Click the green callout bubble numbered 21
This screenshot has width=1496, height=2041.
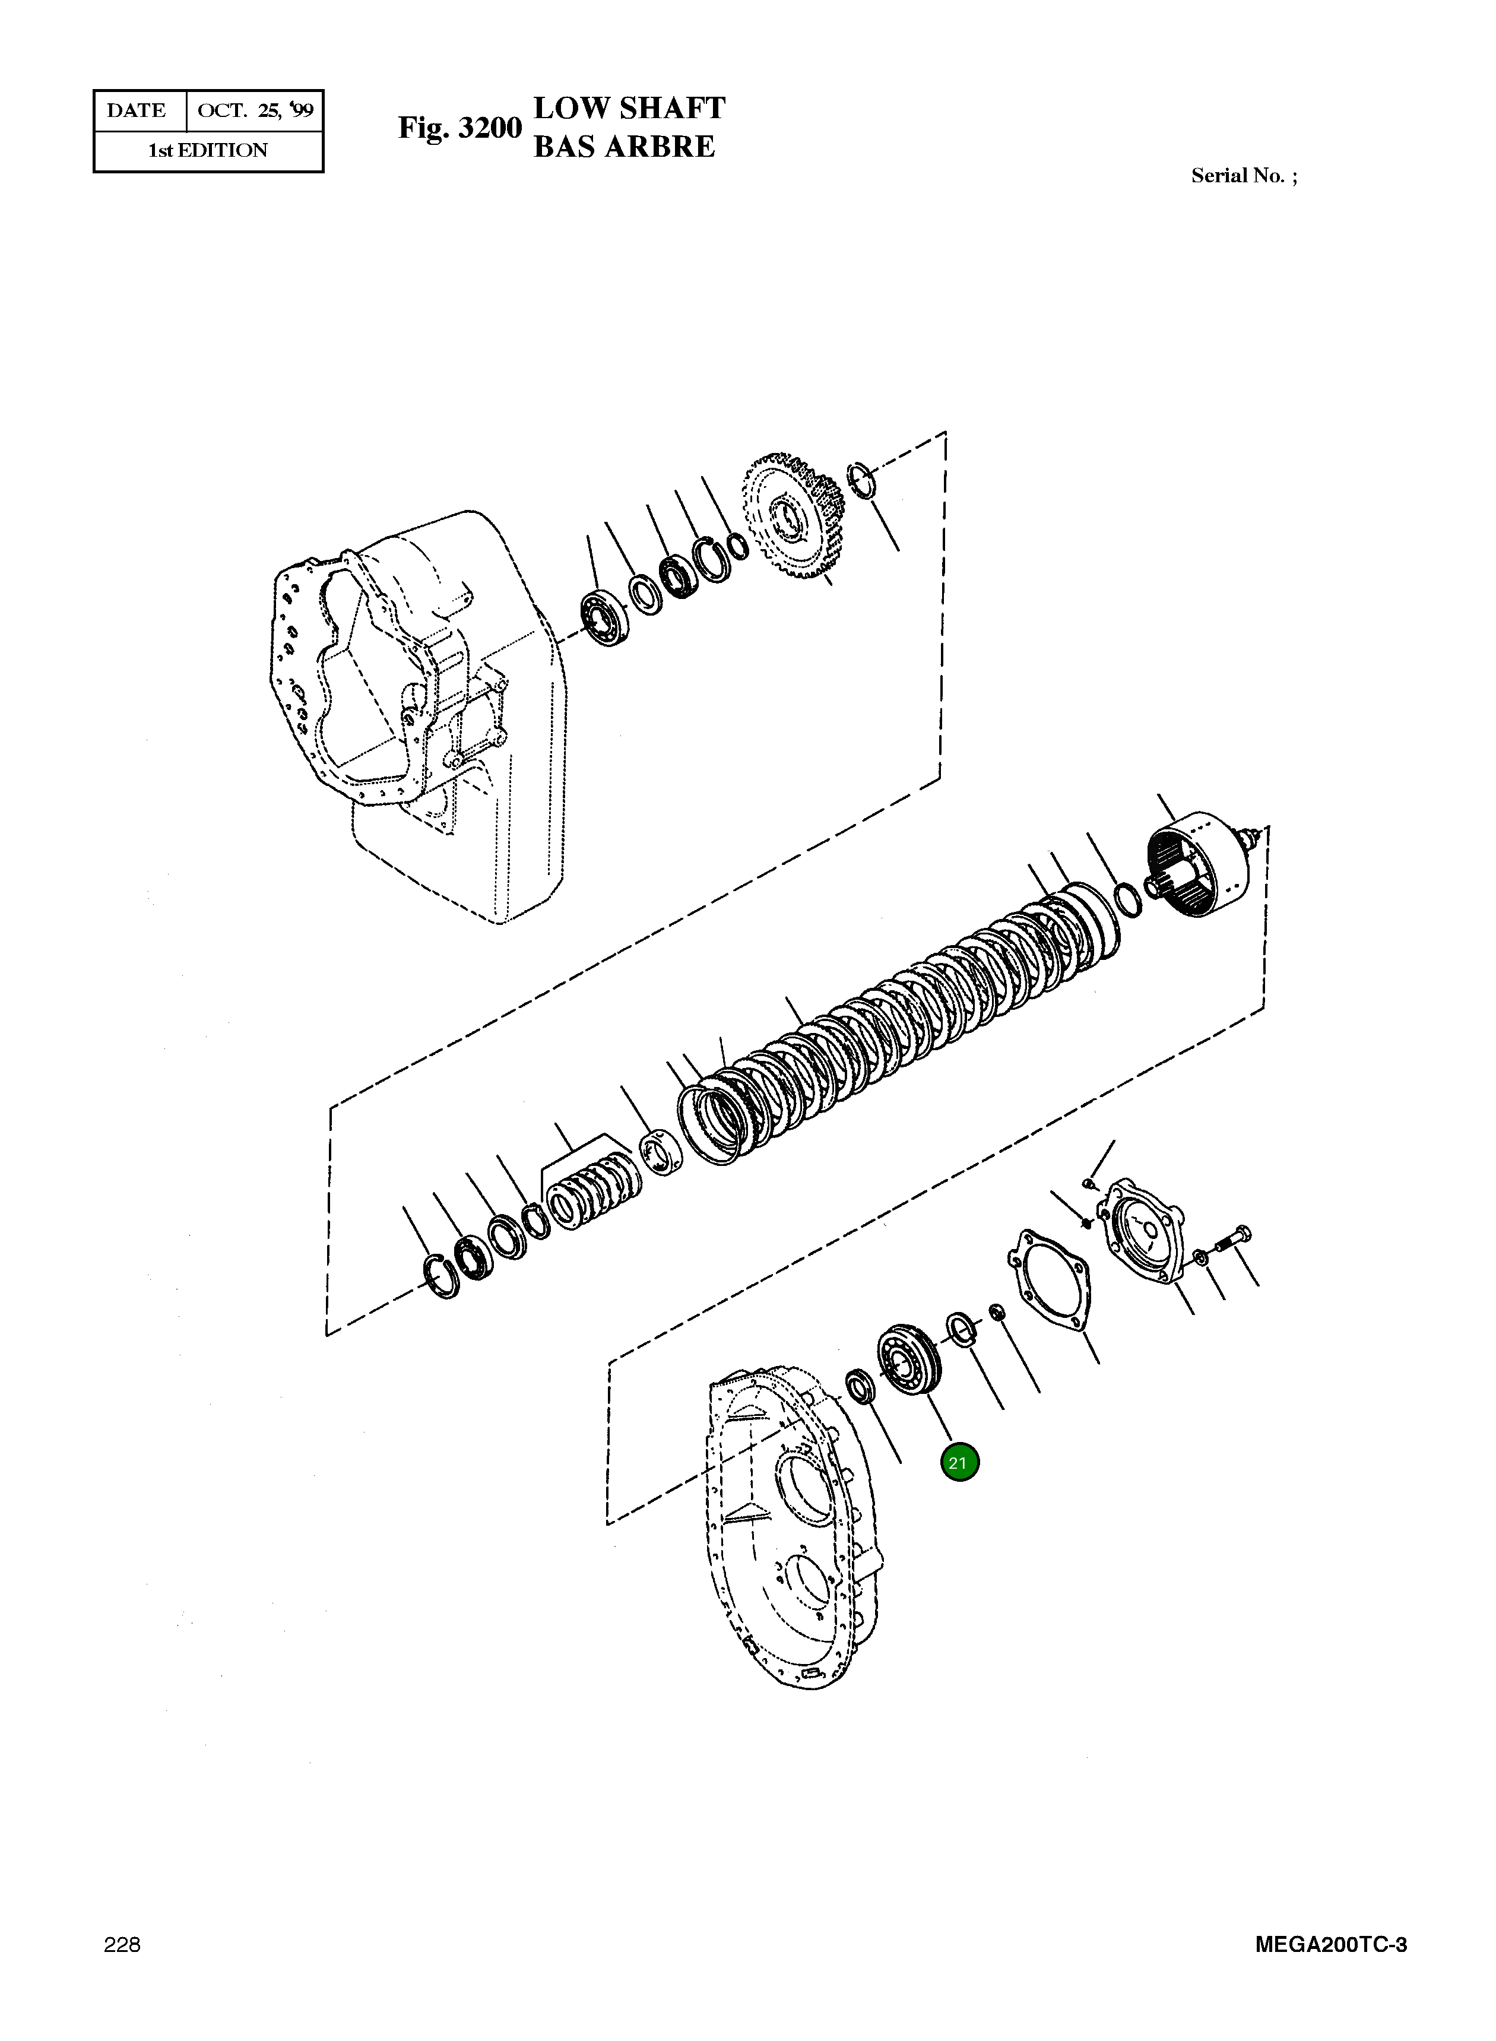(959, 1462)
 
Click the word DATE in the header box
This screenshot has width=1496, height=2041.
(137, 110)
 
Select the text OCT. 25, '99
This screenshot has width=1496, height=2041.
(255, 110)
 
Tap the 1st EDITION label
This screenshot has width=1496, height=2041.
(208, 150)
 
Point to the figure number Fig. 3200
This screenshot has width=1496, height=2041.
(460, 128)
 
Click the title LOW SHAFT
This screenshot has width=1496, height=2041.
(629, 108)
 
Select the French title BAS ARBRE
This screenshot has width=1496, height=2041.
(624, 147)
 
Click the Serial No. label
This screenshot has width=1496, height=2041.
(1243, 176)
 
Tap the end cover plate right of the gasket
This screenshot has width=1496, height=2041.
(1142, 1229)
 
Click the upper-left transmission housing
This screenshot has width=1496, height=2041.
(417, 706)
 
